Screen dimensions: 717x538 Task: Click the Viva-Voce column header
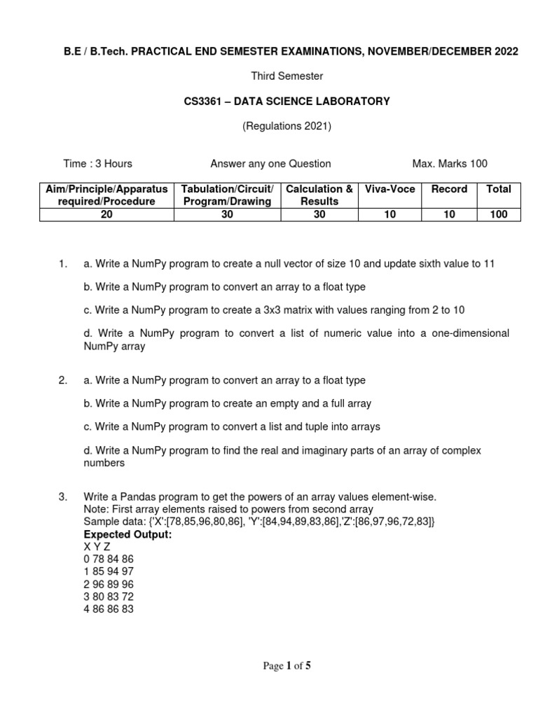(x=390, y=189)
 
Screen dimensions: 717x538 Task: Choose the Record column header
(x=448, y=189)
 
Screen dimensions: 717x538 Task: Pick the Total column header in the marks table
(x=498, y=189)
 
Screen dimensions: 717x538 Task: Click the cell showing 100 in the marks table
(x=498, y=214)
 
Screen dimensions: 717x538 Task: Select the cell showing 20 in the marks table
(x=106, y=214)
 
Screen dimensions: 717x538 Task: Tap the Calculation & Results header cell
(x=319, y=195)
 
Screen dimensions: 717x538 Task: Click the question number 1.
(x=63, y=264)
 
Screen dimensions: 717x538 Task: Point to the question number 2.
(x=63, y=381)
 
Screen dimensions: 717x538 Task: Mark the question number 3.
(x=63, y=497)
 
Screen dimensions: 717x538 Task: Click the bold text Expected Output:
(x=127, y=535)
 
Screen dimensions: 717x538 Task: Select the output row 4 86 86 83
(x=109, y=609)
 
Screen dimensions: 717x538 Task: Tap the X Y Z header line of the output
(x=97, y=546)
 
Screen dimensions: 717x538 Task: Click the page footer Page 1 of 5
(x=287, y=666)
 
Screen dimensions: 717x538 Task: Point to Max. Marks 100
(x=450, y=164)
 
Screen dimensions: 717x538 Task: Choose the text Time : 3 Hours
(x=97, y=164)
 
